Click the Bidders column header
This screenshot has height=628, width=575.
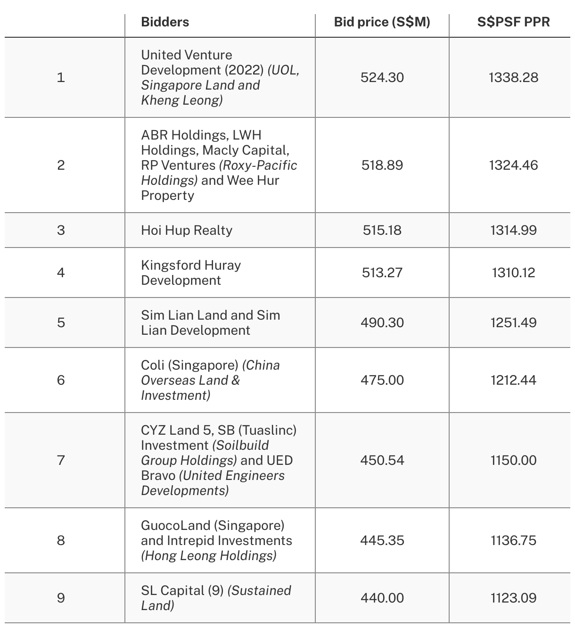click(x=165, y=22)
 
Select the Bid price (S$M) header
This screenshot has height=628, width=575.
click(x=382, y=22)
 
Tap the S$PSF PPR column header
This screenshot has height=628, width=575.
click(x=513, y=22)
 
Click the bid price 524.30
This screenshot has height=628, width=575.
click(x=382, y=77)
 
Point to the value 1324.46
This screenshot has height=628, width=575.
click(x=513, y=165)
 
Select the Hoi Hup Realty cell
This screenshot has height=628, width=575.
click(x=187, y=230)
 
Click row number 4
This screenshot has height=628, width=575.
click(x=61, y=273)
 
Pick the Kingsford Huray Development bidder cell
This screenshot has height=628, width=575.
click(x=191, y=273)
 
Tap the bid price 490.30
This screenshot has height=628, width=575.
click(x=382, y=322)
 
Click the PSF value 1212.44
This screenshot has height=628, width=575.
click(x=513, y=380)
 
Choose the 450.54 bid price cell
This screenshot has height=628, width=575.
click(x=382, y=460)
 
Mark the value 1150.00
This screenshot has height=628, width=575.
click(x=513, y=460)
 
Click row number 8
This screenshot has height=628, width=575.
click(x=61, y=540)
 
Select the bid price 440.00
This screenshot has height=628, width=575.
click(x=382, y=598)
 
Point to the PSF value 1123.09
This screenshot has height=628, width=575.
click(x=513, y=598)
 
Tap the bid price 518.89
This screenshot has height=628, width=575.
click(x=382, y=165)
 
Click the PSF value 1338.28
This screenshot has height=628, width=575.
click(x=513, y=77)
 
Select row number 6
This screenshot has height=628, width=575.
click(x=61, y=380)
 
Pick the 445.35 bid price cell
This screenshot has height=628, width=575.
click(x=382, y=540)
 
